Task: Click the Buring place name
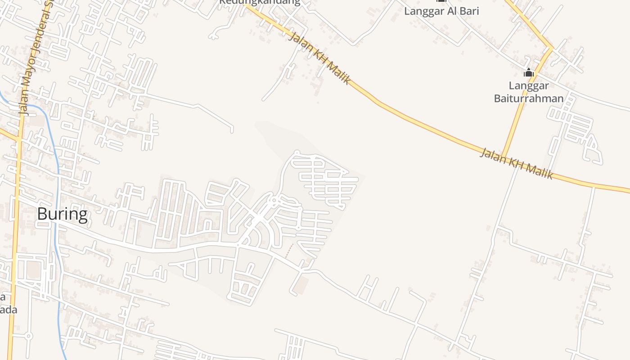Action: click(62, 214)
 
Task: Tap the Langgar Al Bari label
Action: click(441, 11)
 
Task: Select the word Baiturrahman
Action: click(529, 98)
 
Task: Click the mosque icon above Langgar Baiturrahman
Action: click(528, 72)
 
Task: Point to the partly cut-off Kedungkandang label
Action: click(260, 2)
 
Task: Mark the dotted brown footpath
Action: click(289, 251)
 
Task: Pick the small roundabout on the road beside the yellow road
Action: click(28, 336)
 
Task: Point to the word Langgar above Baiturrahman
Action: click(528, 85)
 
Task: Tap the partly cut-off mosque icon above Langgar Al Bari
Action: click(441, 1)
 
